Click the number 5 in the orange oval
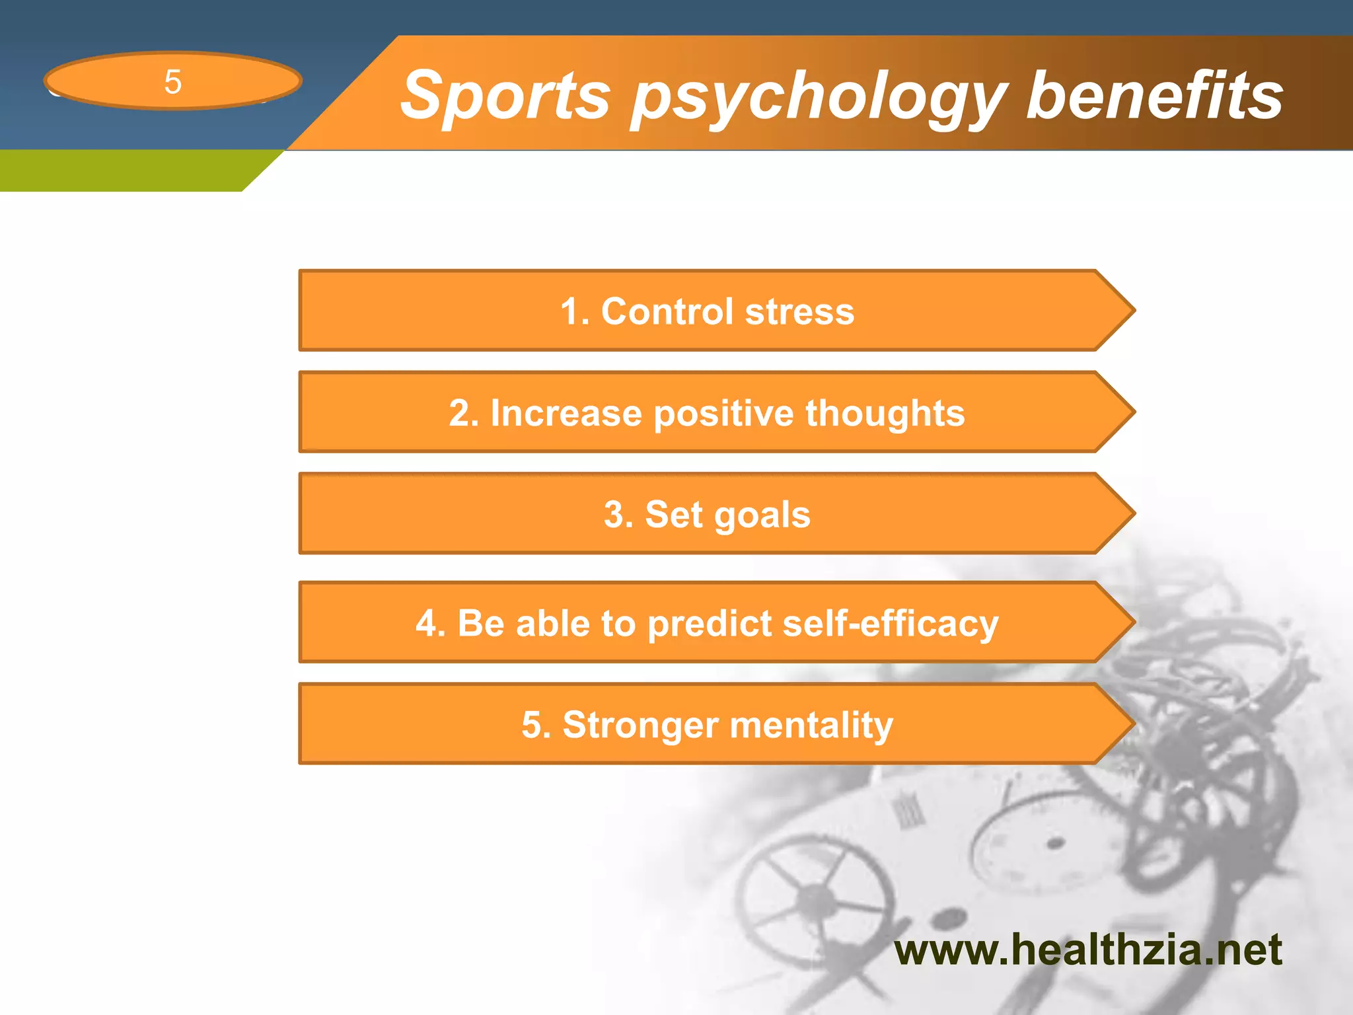(x=172, y=82)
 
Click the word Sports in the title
(x=505, y=96)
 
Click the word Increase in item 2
(x=566, y=413)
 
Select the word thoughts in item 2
(x=885, y=413)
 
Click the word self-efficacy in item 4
(x=890, y=624)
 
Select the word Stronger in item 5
(x=639, y=725)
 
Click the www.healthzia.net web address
(x=1087, y=950)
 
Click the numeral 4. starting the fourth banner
(x=430, y=624)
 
